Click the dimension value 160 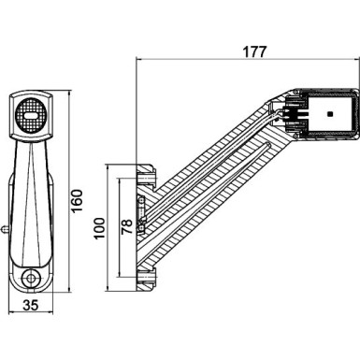tap(78, 198)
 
